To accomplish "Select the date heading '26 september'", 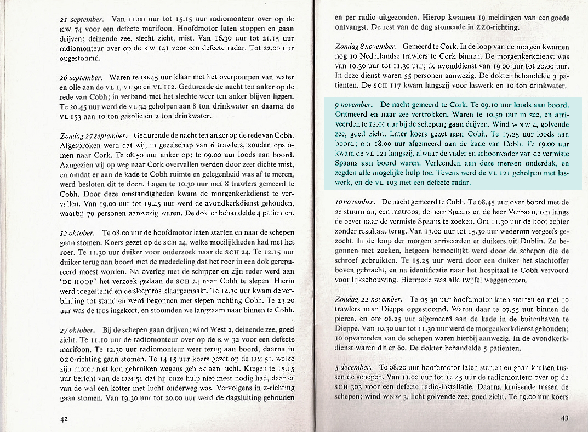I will (x=82, y=77).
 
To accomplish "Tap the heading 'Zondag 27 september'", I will (x=93, y=136).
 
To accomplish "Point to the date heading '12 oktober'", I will (x=77, y=233).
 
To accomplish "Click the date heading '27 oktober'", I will (x=77, y=331).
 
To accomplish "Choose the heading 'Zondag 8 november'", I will (x=366, y=47).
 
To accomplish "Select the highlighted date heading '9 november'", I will (x=354, y=103).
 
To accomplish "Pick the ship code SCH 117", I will (x=381, y=87).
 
